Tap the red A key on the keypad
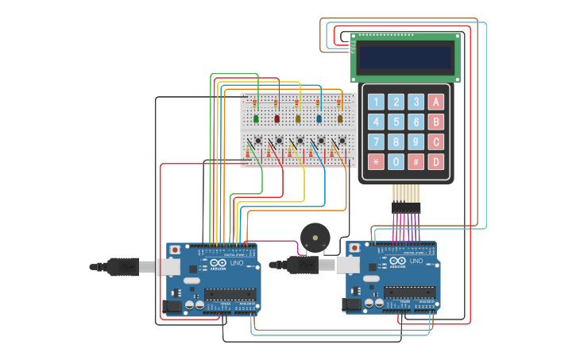click(435, 102)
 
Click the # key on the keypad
click(416, 162)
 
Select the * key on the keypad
click(375, 162)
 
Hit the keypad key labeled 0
click(396, 162)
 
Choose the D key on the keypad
click(435, 162)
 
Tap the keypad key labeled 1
click(375, 102)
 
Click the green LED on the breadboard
click(256, 119)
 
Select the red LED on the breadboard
click(277, 119)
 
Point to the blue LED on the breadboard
click(319, 119)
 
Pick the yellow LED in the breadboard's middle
click(298, 119)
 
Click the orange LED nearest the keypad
click(340, 119)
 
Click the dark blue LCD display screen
click(404, 57)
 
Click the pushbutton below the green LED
click(259, 142)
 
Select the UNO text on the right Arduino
click(416, 261)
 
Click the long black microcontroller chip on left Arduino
click(230, 293)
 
